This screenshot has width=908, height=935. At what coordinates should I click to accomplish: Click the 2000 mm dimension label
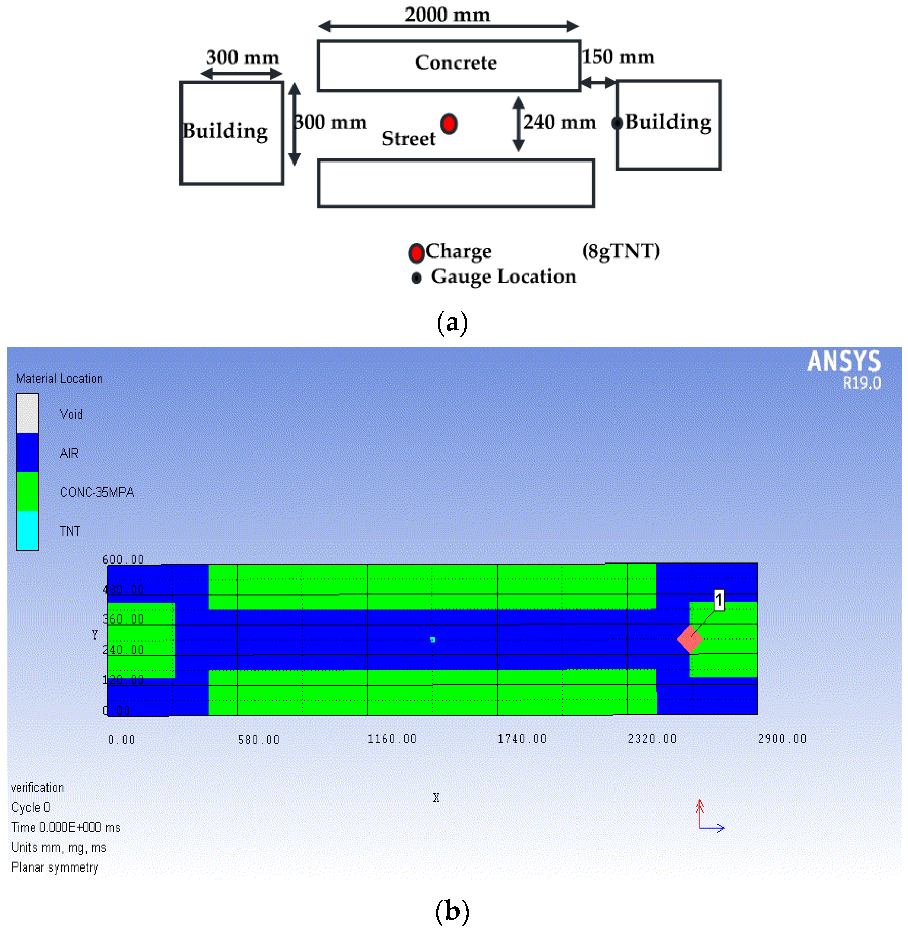coord(447,14)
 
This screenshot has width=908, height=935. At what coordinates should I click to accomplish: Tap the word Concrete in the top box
coord(456,62)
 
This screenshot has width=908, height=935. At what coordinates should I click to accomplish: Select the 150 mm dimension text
coord(618,57)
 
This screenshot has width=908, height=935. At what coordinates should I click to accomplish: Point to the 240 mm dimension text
coord(559,122)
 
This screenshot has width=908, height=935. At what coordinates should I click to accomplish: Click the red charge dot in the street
coord(449,123)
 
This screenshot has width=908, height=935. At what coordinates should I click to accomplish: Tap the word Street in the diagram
coord(409,139)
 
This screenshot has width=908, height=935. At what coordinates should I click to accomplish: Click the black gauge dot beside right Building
coord(617,123)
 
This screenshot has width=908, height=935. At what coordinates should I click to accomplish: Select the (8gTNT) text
coord(621,251)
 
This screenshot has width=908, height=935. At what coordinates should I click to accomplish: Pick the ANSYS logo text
coord(844,362)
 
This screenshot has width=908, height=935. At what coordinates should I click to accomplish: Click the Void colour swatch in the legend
coord(27,414)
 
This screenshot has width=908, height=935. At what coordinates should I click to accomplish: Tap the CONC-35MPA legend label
coord(97,492)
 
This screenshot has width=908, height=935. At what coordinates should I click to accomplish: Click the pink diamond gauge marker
coord(689,639)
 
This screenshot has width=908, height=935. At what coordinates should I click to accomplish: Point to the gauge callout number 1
coord(719,599)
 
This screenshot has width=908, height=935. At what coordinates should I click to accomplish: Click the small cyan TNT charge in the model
coord(432,640)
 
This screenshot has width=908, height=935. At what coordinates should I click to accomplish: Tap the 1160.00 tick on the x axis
coord(392,739)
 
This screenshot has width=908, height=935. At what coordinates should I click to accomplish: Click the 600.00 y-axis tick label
coord(123,559)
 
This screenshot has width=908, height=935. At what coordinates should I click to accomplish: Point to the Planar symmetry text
coord(55,867)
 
